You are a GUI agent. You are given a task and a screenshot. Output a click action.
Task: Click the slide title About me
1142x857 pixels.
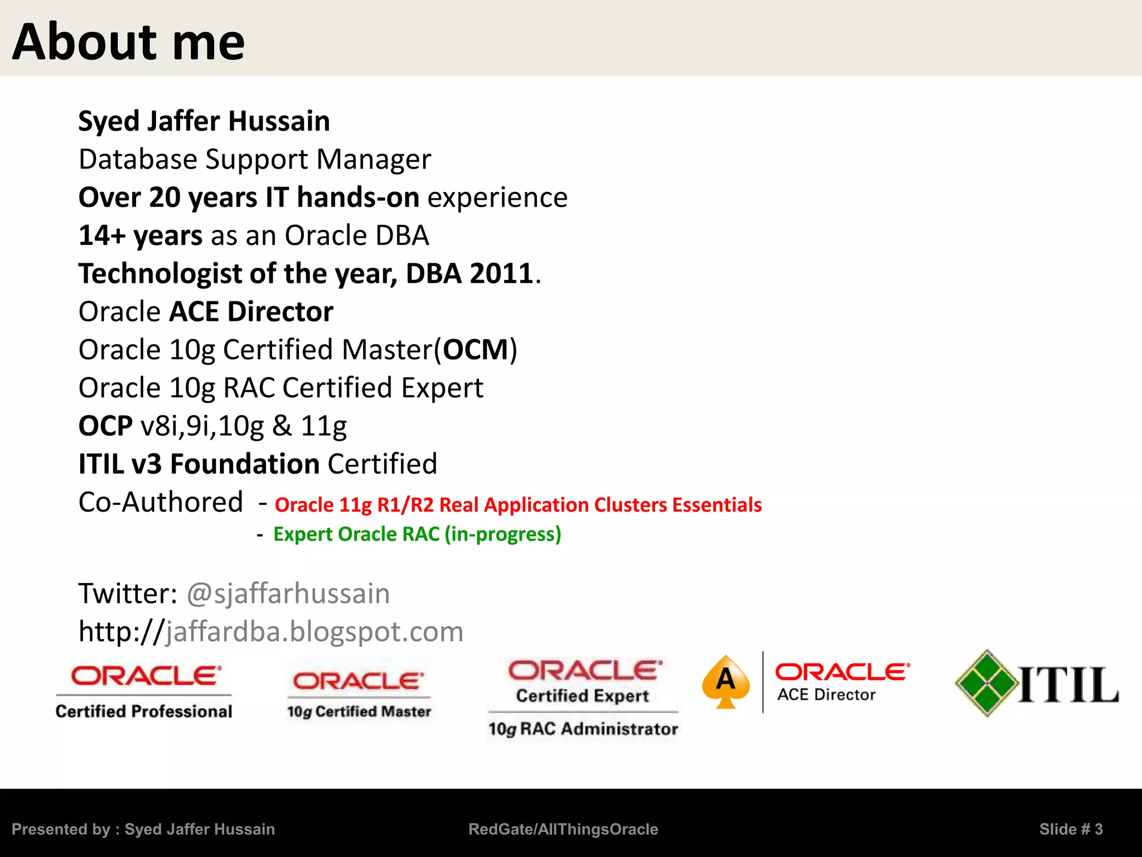128,42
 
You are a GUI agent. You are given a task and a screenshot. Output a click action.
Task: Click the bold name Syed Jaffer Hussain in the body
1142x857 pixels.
204,121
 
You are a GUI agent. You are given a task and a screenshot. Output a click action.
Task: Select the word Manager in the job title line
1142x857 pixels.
374,160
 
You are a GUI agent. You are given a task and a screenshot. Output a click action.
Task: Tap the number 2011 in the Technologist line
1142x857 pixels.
501,273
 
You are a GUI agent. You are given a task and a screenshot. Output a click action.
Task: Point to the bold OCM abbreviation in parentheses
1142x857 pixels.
476,350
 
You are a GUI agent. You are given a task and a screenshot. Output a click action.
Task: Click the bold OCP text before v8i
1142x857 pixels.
105,426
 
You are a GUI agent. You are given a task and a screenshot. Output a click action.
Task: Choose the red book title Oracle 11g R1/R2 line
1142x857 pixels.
518,505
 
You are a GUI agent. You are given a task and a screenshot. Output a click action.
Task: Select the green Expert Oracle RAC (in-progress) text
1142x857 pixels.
417,535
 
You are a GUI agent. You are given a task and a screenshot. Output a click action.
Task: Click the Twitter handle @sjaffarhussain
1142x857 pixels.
288,593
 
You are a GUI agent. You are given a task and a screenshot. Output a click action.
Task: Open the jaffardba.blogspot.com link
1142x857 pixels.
314,632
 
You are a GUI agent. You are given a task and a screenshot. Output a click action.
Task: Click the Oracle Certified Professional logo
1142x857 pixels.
144,692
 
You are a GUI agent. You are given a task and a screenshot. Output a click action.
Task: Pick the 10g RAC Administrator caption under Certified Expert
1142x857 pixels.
583,729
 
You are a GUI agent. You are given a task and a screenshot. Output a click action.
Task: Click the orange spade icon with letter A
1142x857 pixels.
725,682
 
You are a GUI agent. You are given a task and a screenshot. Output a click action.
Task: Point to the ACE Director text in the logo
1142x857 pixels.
826,695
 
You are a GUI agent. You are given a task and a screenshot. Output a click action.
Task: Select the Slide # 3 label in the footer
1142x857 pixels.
1071,829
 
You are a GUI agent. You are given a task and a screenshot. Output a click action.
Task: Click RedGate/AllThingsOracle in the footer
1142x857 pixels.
563,829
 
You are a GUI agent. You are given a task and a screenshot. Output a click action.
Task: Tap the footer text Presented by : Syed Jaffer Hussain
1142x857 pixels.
143,829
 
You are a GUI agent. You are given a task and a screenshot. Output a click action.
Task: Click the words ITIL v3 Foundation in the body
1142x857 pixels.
199,464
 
